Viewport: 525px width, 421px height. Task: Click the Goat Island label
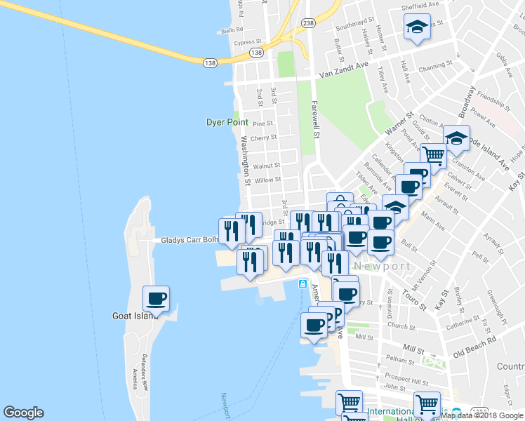pos(132,316)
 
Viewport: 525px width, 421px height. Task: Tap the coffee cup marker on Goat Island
pos(157,298)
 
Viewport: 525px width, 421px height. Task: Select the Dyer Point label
pos(224,122)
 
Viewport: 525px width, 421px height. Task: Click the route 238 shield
pos(308,22)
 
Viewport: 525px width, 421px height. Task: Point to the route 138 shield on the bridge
pos(210,63)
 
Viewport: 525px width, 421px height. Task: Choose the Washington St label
pos(246,161)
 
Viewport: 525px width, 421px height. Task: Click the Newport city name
pos(382,267)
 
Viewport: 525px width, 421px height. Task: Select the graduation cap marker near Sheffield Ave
pos(417,27)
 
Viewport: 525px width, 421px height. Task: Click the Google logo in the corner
pos(23,412)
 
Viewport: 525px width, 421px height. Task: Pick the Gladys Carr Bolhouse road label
pos(188,240)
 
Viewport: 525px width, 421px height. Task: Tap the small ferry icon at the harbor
pos(303,283)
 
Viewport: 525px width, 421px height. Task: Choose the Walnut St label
pos(267,166)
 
